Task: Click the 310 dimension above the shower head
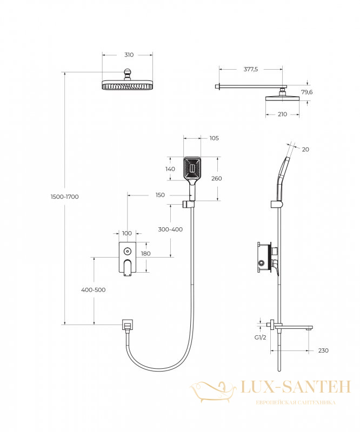click(x=129, y=55)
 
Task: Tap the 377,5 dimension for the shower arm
click(x=250, y=70)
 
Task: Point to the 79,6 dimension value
click(x=307, y=92)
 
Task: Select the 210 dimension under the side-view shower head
click(x=282, y=114)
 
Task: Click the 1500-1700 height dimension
click(x=64, y=197)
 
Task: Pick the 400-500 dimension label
click(x=93, y=290)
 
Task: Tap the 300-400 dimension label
click(x=170, y=229)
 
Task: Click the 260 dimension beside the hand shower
click(x=217, y=179)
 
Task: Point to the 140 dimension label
click(x=170, y=169)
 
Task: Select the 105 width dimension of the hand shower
click(x=214, y=138)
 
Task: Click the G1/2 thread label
click(x=260, y=337)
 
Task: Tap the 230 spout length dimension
click(x=323, y=350)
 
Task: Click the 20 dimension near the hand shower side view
click(x=305, y=150)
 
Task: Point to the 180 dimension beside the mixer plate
click(x=145, y=253)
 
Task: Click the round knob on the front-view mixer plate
click(x=127, y=251)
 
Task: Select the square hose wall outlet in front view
click(x=127, y=325)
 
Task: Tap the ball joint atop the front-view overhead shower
click(x=127, y=74)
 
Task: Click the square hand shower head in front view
click(x=192, y=168)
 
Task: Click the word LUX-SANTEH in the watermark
click(x=296, y=387)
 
